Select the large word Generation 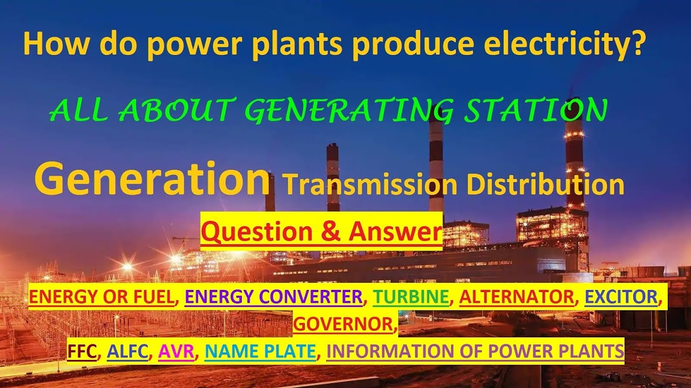(152, 179)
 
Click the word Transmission (370, 185)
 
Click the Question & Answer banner (321, 232)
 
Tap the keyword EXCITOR (622, 296)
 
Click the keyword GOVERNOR (343, 323)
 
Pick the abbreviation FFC (83, 351)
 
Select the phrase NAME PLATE (260, 351)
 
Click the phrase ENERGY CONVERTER (274, 296)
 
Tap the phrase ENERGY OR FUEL (102, 296)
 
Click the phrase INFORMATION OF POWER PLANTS (475, 351)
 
